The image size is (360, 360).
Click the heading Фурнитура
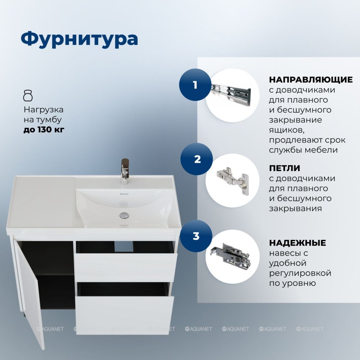click(x=79, y=39)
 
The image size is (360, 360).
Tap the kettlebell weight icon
click(x=28, y=96)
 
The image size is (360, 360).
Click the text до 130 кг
click(x=44, y=130)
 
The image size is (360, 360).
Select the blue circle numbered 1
click(x=195, y=85)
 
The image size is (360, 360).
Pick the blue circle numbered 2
click(x=197, y=159)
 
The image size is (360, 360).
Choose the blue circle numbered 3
click(x=196, y=236)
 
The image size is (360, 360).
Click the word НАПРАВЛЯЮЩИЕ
click(x=311, y=80)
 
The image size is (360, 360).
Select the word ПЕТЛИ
click(x=285, y=168)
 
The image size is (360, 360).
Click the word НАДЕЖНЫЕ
click(x=298, y=243)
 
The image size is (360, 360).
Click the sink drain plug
click(x=124, y=215)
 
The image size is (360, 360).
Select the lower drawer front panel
click(x=125, y=315)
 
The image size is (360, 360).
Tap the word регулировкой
click(x=300, y=274)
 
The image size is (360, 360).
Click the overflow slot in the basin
click(x=124, y=194)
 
